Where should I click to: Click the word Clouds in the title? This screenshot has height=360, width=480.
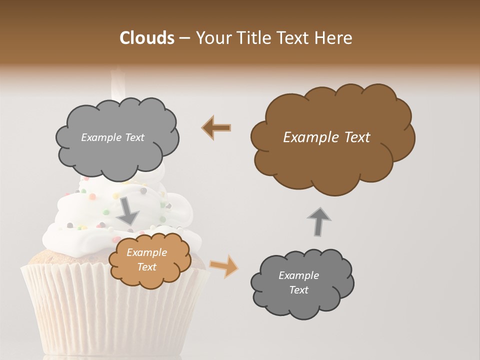[x=147, y=38]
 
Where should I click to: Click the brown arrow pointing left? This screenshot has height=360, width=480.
[x=216, y=127]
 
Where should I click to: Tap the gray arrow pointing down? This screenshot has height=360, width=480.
[x=128, y=210]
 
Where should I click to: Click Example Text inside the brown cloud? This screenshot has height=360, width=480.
[x=326, y=137]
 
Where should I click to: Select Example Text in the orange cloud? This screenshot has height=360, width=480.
[x=146, y=260]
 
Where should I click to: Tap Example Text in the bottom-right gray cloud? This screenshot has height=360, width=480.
[x=298, y=282]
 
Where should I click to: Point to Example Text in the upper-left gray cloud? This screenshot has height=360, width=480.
[x=112, y=137]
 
